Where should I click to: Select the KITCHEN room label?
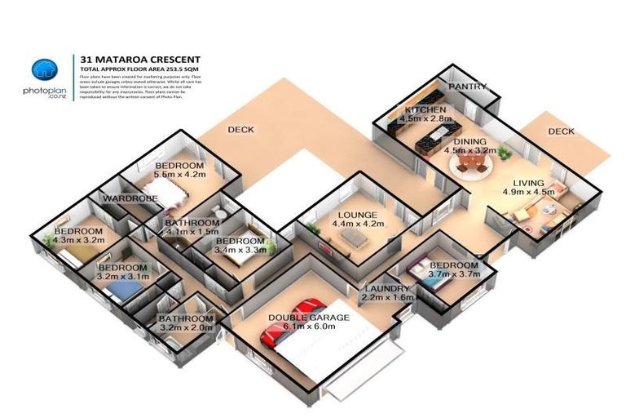click(425, 109)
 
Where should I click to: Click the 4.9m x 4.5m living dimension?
click(528, 193)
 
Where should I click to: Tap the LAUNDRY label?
click(386, 289)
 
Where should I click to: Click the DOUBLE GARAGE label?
click(309, 317)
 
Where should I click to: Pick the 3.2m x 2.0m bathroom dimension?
click(185, 328)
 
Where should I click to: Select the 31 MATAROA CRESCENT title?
click(139, 60)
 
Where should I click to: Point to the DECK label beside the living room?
click(561, 131)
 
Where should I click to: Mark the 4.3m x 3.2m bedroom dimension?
click(80, 241)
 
